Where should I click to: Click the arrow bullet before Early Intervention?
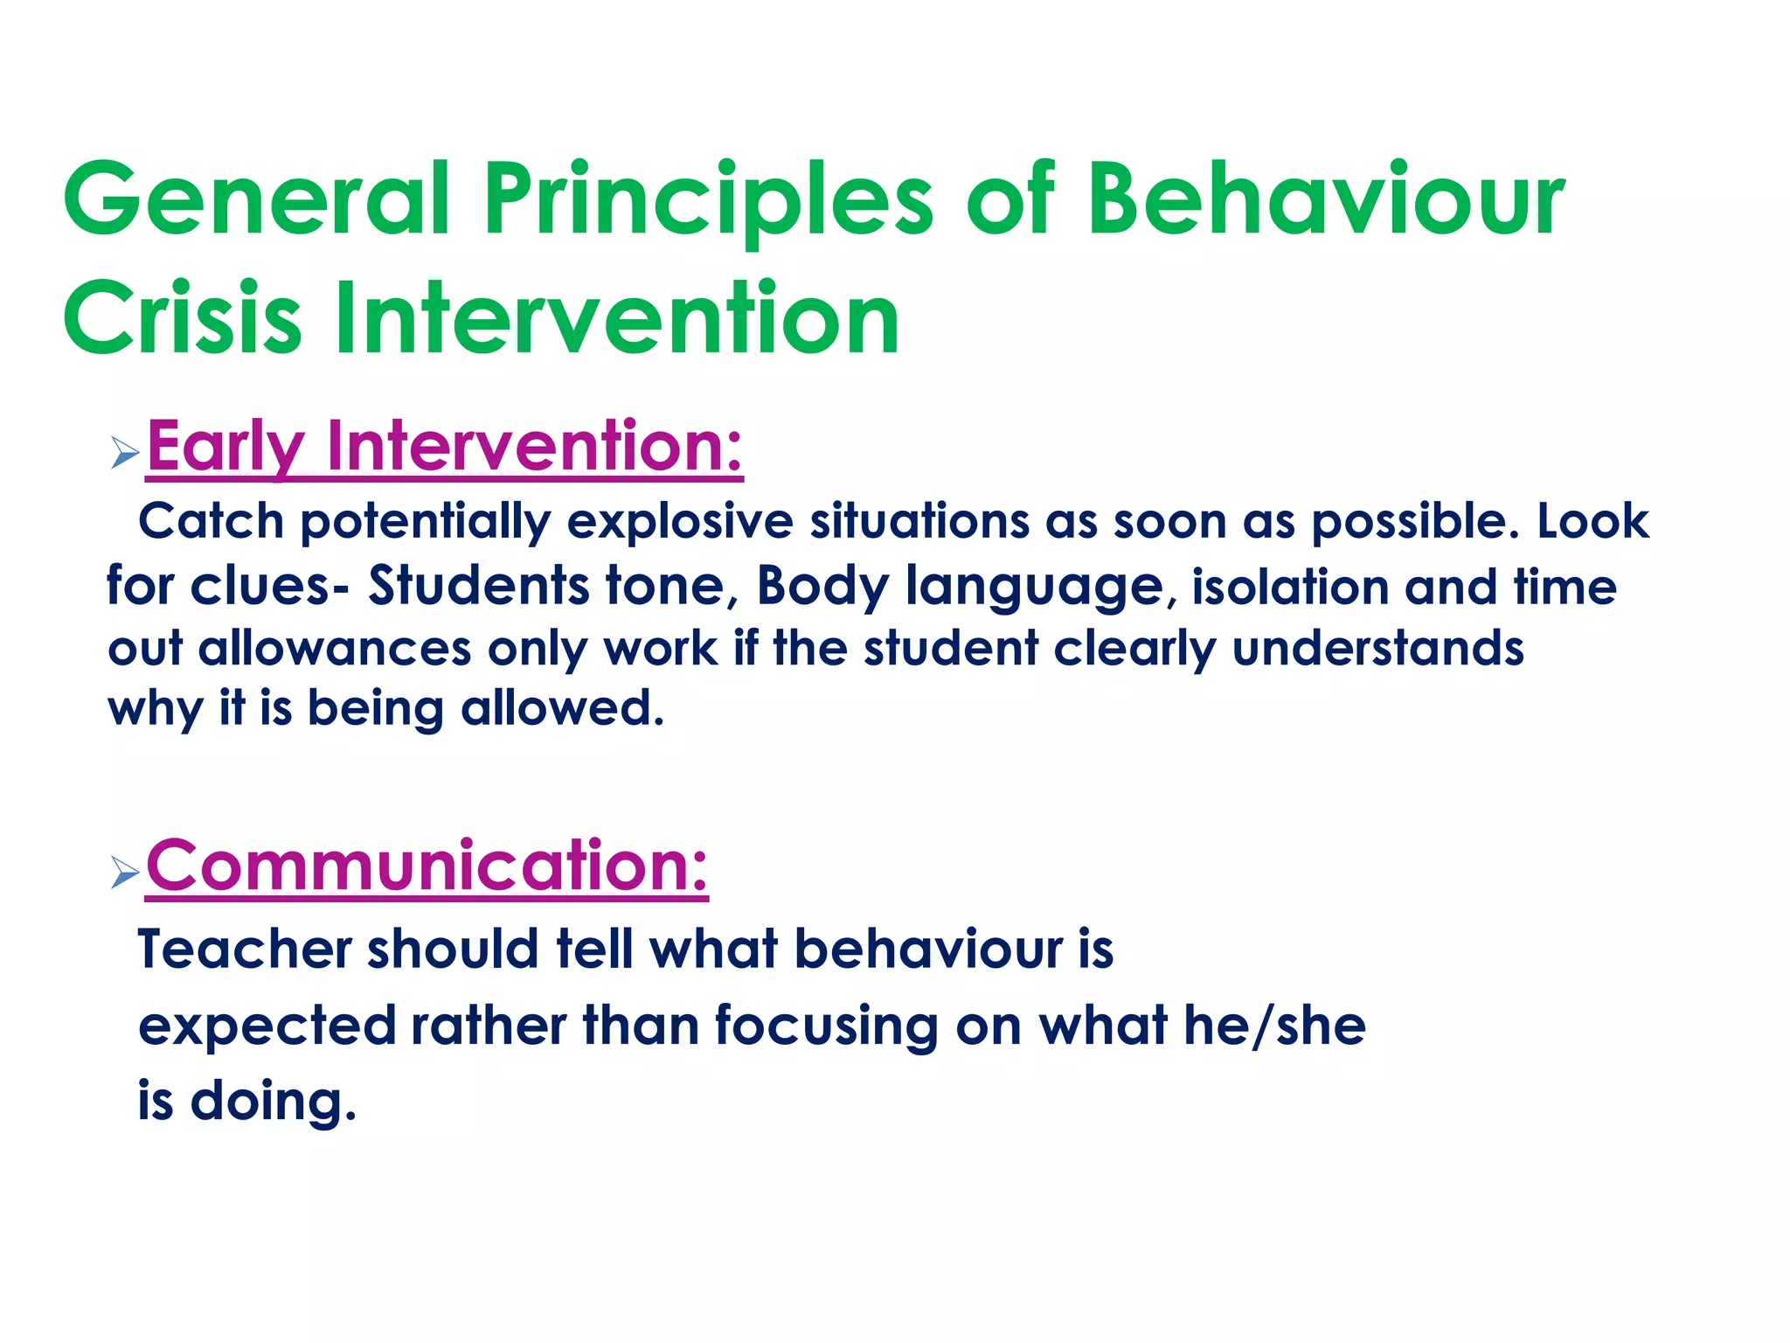pyautogui.click(x=125, y=454)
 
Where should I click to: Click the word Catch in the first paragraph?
pyautogui.click(x=212, y=522)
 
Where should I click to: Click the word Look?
pyautogui.click(x=1592, y=522)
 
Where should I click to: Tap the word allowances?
pyautogui.click(x=335, y=649)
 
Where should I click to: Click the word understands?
pyautogui.click(x=1377, y=649)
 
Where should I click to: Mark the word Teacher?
pyautogui.click(x=244, y=950)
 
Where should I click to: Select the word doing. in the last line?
pyautogui.click(x=274, y=1101)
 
